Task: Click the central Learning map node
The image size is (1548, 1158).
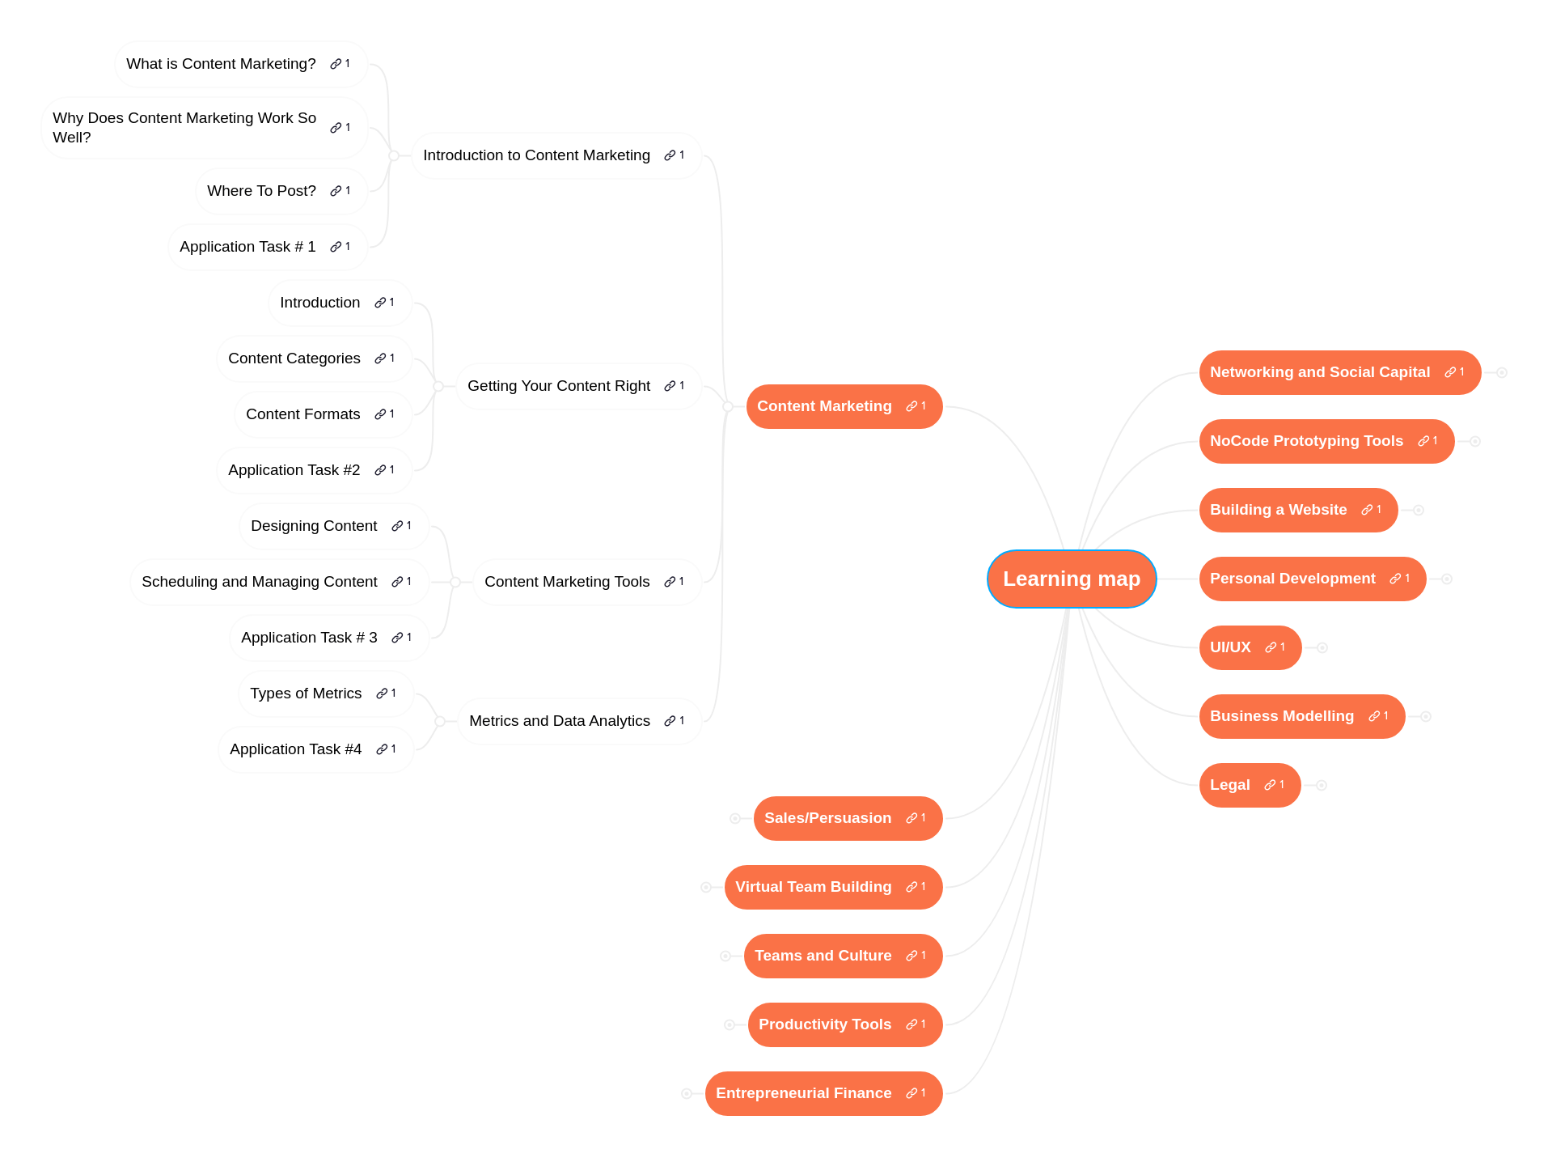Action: pyautogui.click(x=1071, y=579)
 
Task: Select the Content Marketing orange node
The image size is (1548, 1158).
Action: pyautogui.click(x=824, y=406)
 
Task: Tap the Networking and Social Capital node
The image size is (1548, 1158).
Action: pyautogui.click(x=1319, y=372)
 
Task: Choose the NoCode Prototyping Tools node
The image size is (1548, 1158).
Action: pyautogui.click(x=1306, y=441)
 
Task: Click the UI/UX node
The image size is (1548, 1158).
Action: pyautogui.click(x=1230, y=647)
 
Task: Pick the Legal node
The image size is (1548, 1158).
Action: pyautogui.click(x=1229, y=785)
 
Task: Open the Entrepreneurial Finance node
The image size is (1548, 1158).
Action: pyautogui.click(x=803, y=1093)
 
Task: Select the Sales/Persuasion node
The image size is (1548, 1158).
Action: pyautogui.click(x=827, y=818)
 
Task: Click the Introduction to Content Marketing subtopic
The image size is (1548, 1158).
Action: pyautogui.click(x=536, y=155)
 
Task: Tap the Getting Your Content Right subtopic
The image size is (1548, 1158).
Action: pyautogui.click(x=558, y=386)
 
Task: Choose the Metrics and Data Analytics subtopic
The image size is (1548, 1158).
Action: pyautogui.click(x=559, y=721)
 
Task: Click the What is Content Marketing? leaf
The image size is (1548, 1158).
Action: pyautogui.click(x=221, y=64)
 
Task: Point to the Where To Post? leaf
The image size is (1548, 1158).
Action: pyautogui.click(x=261, y=191)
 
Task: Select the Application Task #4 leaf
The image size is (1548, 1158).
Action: pyautogui.click(x=295, y=749)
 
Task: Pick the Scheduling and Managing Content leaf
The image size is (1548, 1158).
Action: pyautogui.click(x=259, y=582)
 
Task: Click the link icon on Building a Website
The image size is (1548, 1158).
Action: pyautogui.click(x=1367, y=510)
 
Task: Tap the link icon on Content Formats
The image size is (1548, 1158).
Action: pyautogui.click(x=380, y=414)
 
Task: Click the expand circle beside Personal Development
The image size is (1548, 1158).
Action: pyautogui.click(x=1447, y=579)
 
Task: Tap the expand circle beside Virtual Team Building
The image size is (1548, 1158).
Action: pyautogui.click(x=706, y=887)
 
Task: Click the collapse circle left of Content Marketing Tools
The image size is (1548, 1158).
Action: pyautogui.click(x=455, y=582)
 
